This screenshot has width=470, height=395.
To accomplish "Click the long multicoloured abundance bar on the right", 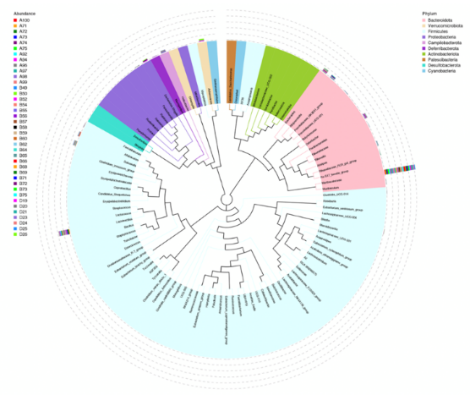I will [x=398, y=171].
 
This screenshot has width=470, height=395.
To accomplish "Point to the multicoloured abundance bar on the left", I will [x=63, y=233].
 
